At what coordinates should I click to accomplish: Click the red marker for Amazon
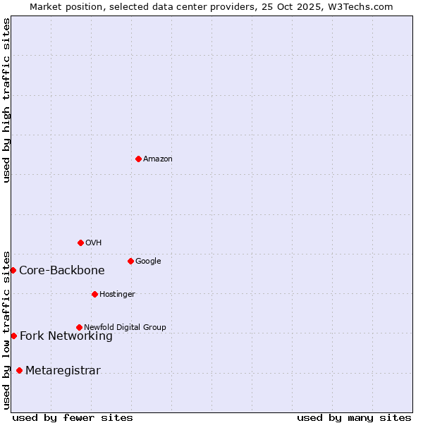138,159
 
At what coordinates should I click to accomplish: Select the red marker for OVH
80,243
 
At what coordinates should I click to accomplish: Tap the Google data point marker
130,261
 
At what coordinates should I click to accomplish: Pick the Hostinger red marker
94,294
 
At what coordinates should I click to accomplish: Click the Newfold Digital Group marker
79,327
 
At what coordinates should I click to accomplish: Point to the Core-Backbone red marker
13,270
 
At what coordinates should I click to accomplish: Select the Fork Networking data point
13,336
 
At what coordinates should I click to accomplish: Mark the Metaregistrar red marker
19,371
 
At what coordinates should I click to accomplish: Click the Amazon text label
158,159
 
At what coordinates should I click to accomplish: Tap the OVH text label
94,243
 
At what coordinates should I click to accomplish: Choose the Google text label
148,262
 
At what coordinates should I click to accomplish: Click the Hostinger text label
117,295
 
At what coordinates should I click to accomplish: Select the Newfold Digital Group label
125,328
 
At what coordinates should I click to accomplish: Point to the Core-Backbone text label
62,271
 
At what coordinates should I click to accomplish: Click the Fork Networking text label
66,336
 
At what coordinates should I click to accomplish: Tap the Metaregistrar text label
63,371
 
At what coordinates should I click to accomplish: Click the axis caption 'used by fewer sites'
73,418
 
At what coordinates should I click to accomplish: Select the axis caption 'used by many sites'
354,418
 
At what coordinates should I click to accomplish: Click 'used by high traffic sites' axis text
6,100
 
